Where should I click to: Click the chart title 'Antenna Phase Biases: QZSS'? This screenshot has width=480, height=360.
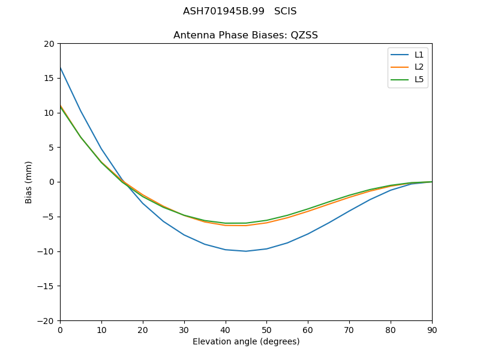pos(245,35)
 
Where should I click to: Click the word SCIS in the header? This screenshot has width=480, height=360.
pos(285,11)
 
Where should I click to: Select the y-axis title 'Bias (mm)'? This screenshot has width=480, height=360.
pos(29,182)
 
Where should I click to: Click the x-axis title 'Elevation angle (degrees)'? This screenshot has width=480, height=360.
pos(246,342)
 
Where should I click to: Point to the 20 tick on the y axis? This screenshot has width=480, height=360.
pos(49,44)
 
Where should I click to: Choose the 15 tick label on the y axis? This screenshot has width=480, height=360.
pos(49,78)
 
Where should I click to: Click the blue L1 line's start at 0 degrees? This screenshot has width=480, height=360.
pos(60,67)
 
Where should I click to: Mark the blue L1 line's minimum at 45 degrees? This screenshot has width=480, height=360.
pos(246,251)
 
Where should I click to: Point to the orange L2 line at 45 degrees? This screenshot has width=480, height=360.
pos(246,226)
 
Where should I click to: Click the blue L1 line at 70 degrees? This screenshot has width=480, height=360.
pos(349,211)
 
